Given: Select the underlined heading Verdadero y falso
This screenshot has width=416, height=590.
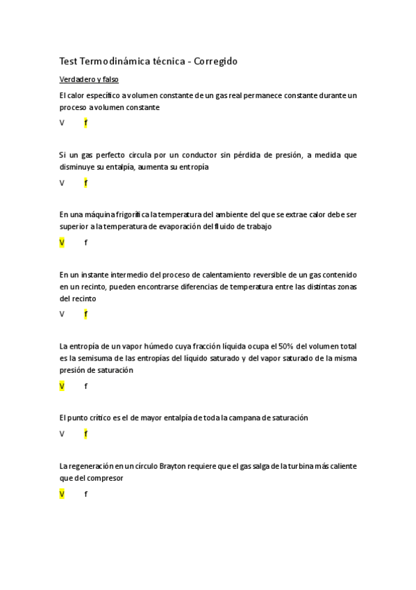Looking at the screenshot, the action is coord(89,80).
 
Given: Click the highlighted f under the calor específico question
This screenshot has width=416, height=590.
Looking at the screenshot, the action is coord(85,123).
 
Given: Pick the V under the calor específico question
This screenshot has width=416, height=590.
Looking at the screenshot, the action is coord(62,123).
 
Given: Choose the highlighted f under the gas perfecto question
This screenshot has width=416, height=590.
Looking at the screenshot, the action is coord(85,183).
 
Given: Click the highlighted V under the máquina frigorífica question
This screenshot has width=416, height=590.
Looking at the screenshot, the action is coord(62,243).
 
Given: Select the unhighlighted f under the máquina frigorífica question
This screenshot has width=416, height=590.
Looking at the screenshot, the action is coord(85,243).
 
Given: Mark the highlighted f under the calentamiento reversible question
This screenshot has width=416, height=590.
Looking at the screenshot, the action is coord(85,314).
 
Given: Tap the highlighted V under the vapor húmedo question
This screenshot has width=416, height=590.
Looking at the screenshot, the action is coord(62,386).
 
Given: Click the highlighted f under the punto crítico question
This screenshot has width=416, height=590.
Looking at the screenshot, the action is coord(85,434).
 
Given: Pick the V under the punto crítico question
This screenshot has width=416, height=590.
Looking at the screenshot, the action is coord(62,434).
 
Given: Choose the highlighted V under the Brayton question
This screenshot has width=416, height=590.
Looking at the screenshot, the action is coord(62,494).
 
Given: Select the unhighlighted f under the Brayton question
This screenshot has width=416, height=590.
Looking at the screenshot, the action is coord(85,494).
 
